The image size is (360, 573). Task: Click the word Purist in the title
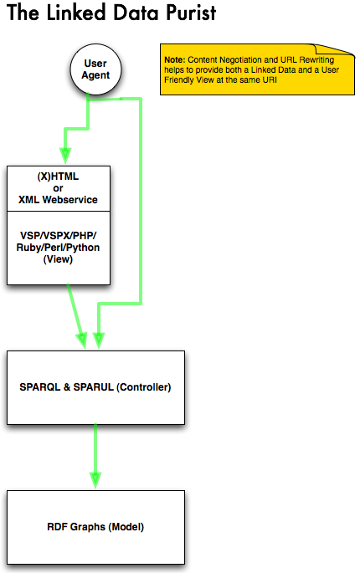click(191, 13)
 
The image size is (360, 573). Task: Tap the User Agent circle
click(95, 69)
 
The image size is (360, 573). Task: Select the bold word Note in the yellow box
click(175, 60)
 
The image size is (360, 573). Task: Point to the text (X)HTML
click(58, 177)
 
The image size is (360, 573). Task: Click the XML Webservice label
click(58, 200)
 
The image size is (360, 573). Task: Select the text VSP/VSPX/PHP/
click(58, 236)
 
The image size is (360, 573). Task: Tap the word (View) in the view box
click(58, 259)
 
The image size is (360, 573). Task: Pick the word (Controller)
click(144, 387)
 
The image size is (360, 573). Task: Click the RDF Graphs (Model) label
click(95, 527)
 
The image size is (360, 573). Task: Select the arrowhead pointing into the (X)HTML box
click(65, 156)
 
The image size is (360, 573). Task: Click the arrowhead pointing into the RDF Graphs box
click(95, 480)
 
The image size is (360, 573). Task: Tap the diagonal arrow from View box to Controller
click(77, 316)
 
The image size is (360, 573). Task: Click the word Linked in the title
click(76, 13)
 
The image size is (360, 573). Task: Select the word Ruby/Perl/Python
click(58, 248)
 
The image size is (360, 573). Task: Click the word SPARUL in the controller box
click(93, 387)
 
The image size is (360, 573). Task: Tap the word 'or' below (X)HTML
click(58, 188)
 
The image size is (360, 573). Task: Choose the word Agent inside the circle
click(95, 75)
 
